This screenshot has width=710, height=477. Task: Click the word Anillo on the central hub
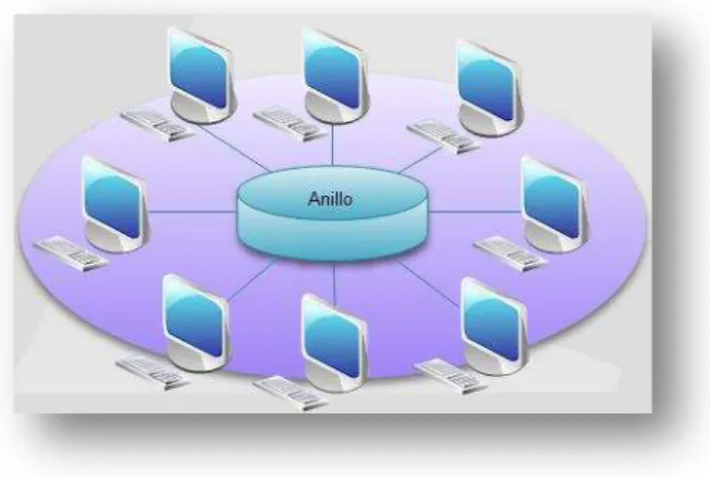pos(330,199)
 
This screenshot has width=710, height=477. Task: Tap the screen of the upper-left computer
pos(199,75)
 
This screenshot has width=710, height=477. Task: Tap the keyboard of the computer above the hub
pos(289,123)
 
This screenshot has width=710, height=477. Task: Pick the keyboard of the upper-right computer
pos(443,135)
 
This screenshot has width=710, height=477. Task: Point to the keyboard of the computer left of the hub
pos(71,253)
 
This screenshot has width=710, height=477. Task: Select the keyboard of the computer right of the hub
pos(511,253)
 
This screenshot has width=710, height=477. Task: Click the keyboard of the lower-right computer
pos(452,375)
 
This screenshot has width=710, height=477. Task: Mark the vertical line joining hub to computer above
pos(333,144)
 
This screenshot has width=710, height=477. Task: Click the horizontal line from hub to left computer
pos(192,212)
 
